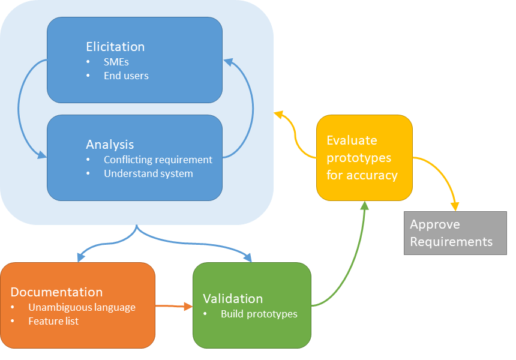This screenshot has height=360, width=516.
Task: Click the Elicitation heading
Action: point(115,47)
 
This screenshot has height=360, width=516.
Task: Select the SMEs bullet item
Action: point(116,62)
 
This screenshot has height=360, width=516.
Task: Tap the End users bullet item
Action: point(126,76)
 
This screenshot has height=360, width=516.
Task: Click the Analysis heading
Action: point(110,145)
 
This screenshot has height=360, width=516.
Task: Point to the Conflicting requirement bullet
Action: point(158,160)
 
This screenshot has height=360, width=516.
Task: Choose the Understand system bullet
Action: point(148,173)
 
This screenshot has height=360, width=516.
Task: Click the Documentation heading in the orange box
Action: point(56,292)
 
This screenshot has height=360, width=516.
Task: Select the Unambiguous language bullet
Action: point(82,307)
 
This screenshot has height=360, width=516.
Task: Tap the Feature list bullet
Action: point(53,321)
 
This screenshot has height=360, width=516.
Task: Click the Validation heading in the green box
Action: point(233,299)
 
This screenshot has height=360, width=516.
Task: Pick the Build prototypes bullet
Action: point(259,314)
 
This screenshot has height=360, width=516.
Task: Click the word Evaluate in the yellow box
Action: point(352,140)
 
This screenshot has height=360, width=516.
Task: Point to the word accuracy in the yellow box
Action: point(372,175)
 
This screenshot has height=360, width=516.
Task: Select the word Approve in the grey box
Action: point(435,224)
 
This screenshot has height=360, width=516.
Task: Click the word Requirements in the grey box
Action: point(451,242)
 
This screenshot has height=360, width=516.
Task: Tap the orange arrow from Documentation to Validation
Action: point(173,306)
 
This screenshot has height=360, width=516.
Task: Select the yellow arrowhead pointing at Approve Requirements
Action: point(455,206)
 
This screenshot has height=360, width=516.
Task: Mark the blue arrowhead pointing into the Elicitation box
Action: point(228,60)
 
